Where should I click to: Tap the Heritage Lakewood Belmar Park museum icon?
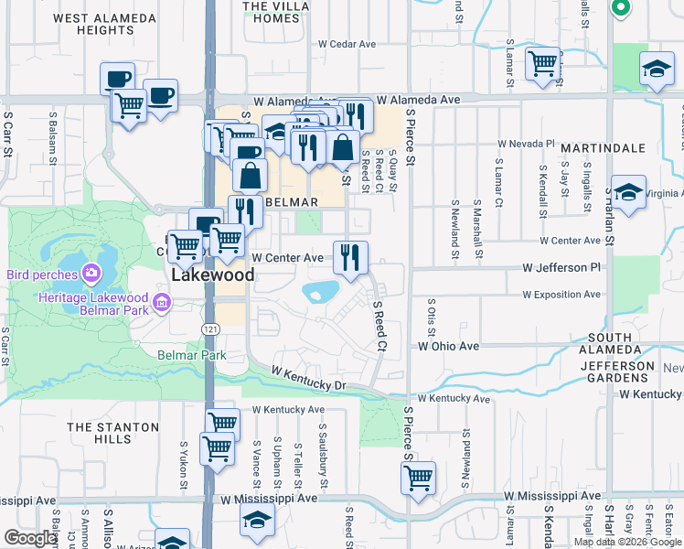(x=161, y=301)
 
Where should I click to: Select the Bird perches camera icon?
(x=91, y=274)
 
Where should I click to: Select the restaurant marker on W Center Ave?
(x=350, y=258)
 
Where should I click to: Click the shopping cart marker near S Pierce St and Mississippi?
(x=418, y=478)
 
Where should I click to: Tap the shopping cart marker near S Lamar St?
(x=542, y=63)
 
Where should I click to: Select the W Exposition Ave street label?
(x=561, y=295)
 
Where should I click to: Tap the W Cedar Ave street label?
(x=347, y=43)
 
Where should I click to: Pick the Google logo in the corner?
(x=30, y=538)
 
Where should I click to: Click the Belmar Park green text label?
(x=191, y=355)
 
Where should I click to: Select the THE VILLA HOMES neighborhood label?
(x=275, y=12)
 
